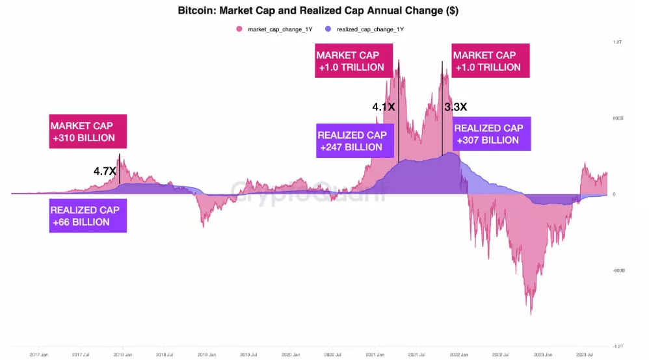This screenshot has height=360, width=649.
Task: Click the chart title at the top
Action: pyautogui.click(x=323, y=11)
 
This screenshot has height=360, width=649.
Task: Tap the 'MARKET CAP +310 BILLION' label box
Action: pyautogui.click(x=88, y=131)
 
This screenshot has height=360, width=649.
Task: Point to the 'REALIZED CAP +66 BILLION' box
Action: pyautogui.click(x=88, y=216)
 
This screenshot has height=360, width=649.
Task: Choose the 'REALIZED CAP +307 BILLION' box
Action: pyautogui.click(x=491, y=134)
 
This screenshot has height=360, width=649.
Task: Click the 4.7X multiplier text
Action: pyautogui.click(x=105, y=172)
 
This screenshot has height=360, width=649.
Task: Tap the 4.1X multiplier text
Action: pyautogui.click(x=383, y=106)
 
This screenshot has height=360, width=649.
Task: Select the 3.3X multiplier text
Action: pyautogui.click(x=455, y=107)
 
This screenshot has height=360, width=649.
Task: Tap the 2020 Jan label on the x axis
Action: pyautogui.click(x=290, y=354)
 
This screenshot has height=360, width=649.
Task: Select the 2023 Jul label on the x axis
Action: pyautogui.click(x=585, y=354)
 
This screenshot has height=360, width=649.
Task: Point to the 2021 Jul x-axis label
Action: pyautogui.click(x=417, y=354)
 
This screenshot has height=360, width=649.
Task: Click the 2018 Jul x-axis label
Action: pyautogui.click(x=165, y=354)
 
